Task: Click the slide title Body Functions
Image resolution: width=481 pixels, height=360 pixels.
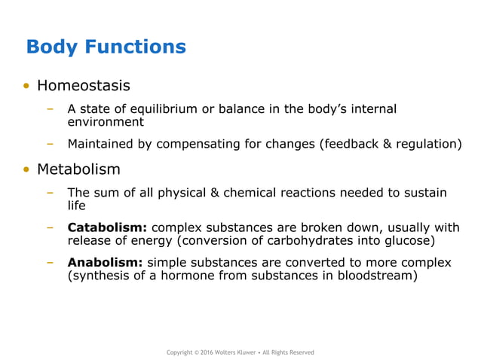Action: click(106, 47)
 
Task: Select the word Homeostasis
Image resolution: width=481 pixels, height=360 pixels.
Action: click(84, 86)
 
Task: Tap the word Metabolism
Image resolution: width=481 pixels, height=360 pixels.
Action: click(78, 169)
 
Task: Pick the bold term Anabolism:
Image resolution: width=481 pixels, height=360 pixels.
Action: click(105, 262)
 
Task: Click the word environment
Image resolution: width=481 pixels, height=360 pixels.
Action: click(106, 121)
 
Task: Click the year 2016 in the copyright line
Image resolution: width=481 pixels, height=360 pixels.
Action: click(210, 352)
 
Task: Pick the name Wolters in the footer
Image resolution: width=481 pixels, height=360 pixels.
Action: click(236, 352)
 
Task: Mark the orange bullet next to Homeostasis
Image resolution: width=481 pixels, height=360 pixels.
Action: click(26, 87)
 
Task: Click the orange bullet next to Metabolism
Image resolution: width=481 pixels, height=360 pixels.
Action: click(26, 170)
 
